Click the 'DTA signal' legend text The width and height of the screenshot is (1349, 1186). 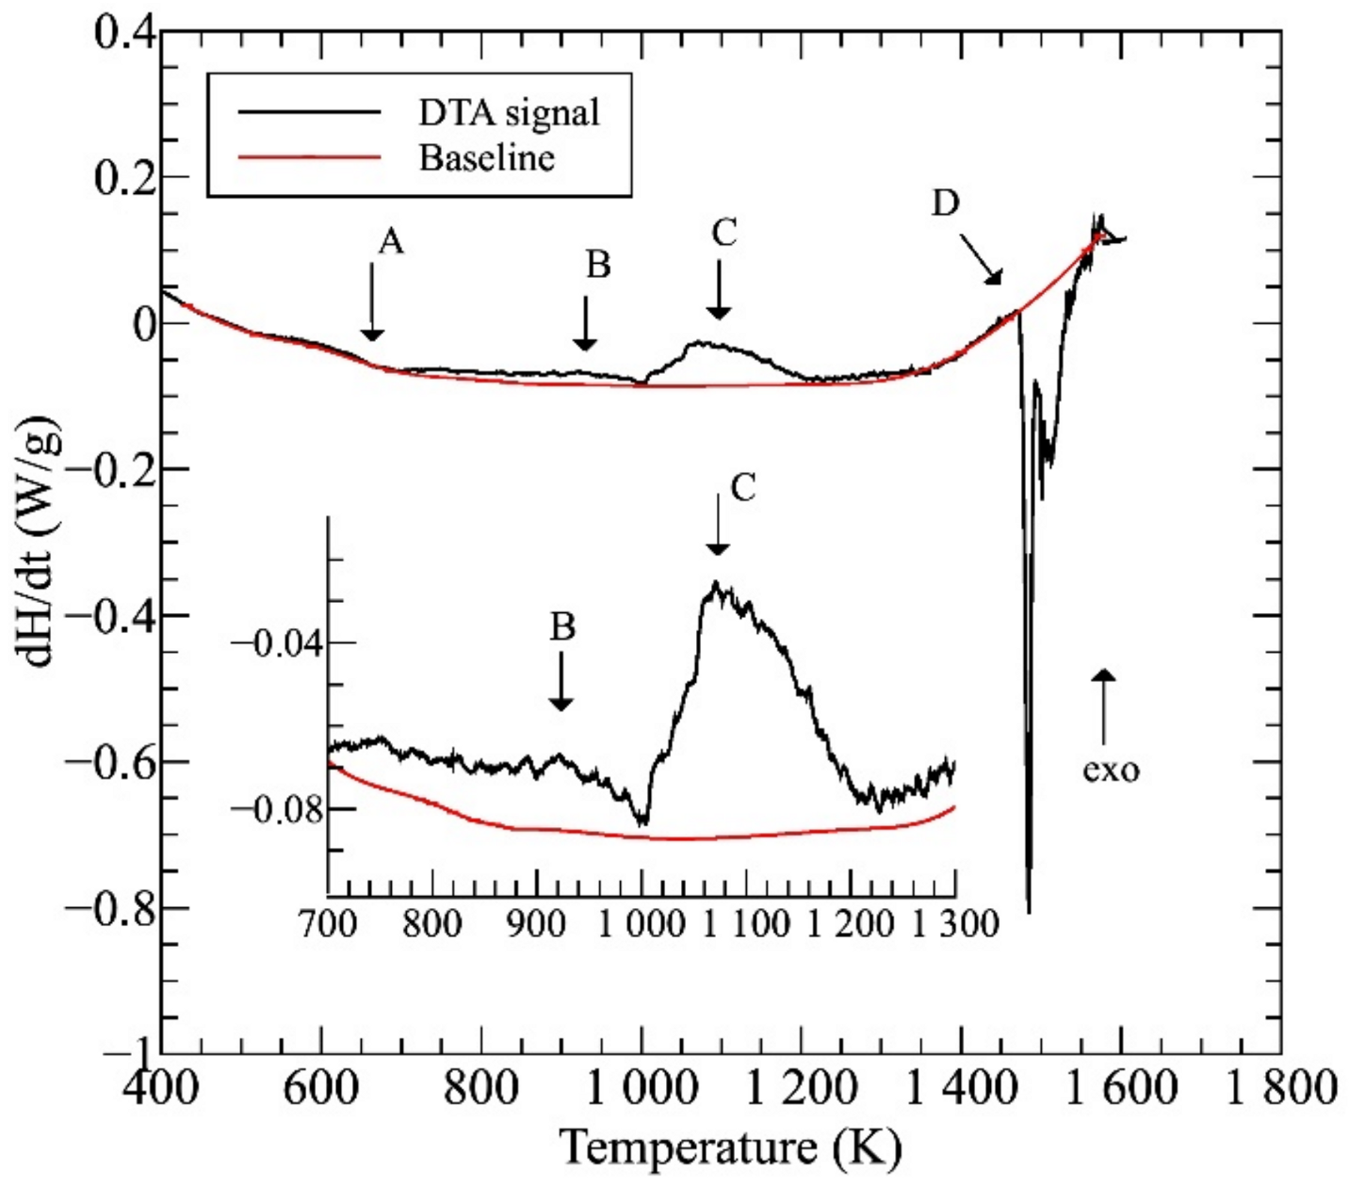(509, 112)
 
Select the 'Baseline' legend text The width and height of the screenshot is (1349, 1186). (486, 157)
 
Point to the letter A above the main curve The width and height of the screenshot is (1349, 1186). (390, 243)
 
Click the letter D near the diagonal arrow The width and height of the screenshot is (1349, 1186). (945, 203)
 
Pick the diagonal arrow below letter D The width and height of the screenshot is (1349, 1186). (982, 259)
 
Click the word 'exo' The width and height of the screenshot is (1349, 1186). (1111, 770)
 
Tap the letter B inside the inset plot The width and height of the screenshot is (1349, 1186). (562, 626)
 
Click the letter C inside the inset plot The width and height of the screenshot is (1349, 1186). (742, 488)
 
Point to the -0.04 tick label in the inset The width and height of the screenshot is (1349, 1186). (276, 643)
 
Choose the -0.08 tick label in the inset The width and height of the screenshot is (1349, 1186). (276, 809)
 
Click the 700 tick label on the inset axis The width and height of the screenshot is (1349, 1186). (328, 923)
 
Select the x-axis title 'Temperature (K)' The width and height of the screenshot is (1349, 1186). (731, 1147)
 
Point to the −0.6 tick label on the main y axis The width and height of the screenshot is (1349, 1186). (110, 762)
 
